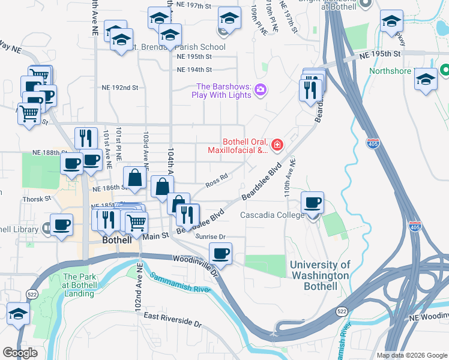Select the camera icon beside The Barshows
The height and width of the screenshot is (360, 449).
[x=261, y=90]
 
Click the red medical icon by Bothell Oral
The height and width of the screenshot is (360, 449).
[x=277, y=144]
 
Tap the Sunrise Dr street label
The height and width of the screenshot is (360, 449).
[x=210, y=237]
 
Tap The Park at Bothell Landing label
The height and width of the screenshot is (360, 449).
[x=79, y=285]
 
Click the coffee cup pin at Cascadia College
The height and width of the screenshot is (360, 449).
[x=312, y=203]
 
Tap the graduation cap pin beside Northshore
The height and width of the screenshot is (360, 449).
[x=426, y=79]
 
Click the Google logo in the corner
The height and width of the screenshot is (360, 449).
[x=20, y=352]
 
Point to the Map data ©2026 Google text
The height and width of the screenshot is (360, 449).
[x=411, y=355]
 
